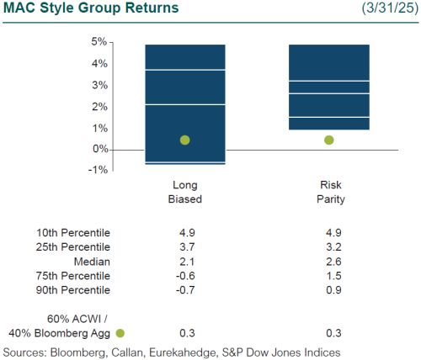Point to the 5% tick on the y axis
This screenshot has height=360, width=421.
tap(98, 41)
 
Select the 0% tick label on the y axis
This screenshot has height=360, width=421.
tap(98, 149)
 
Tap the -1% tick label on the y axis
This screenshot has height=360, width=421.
tap(96, 169)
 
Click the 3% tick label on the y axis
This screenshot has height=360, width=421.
tap(98, 85)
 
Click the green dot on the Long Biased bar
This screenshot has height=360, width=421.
tap(184, 140)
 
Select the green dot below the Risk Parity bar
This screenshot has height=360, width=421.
tap(328, 140)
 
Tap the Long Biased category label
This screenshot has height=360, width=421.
tap(184, 193)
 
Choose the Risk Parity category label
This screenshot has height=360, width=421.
tap(328, 193)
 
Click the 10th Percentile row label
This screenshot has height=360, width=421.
tap(73, 232)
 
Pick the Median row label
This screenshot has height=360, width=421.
tap(92, 261)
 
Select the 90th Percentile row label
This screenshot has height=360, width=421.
tap(73, 289)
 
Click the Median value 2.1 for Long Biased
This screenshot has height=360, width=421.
tap(184, 261)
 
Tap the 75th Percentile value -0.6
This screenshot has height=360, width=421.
tap(184, 275)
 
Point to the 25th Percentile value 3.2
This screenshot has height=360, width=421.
tap(328, 246)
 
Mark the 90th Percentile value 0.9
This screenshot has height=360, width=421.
tap(328, 289)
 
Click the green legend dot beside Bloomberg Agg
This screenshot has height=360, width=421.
tap(120, 333)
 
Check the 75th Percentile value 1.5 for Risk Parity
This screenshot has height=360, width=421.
tap(328, 275)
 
